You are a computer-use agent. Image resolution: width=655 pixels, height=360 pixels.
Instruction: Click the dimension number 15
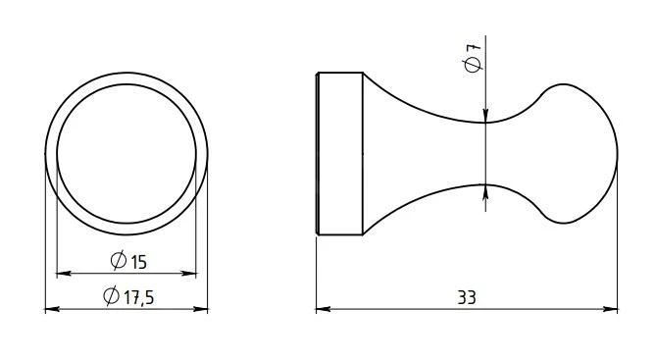click(139, 262)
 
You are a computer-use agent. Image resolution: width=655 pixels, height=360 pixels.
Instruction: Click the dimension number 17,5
click(137, 297)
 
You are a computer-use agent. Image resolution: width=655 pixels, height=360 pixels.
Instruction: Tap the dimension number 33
click(467, 297)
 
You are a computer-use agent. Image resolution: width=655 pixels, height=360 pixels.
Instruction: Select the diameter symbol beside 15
click(119, 260)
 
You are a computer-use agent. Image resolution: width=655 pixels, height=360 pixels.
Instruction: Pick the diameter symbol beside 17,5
click(111, 295)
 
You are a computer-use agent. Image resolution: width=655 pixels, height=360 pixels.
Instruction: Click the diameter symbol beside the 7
click(473, 65)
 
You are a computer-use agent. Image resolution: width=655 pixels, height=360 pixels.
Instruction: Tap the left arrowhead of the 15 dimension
click(63, 274)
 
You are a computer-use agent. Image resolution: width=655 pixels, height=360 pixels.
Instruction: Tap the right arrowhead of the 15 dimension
click(189, 274)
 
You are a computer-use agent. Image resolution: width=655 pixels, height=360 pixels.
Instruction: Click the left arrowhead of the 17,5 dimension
click(52, 309)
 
